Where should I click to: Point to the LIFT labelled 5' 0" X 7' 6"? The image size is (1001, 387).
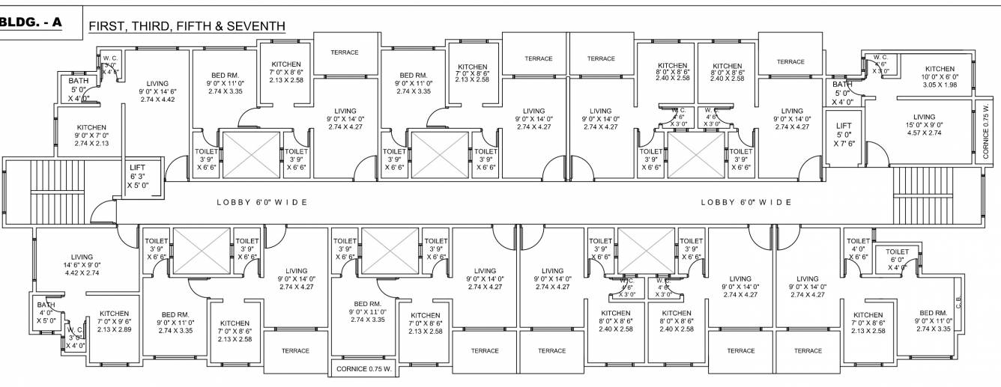pyautogui.click(x=844, y=135)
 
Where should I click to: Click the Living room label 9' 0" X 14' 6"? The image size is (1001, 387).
pyautogui.click(x=157, y=91)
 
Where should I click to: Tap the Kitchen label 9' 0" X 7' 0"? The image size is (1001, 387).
pyautogui.click(x=91, y=135)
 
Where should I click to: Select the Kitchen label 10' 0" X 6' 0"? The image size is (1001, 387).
pyautogui.click(x=939, y=76)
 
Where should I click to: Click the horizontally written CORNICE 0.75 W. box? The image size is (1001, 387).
pyautogui.click(x=363, y=368)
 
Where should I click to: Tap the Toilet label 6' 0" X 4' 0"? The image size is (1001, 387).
pyautogui.click(x=897, y=259)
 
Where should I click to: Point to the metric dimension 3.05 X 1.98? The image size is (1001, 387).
pyautogui.click(x=939, y=85)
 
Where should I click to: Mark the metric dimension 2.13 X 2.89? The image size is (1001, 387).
pyautogui.click(x=115, y=329)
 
